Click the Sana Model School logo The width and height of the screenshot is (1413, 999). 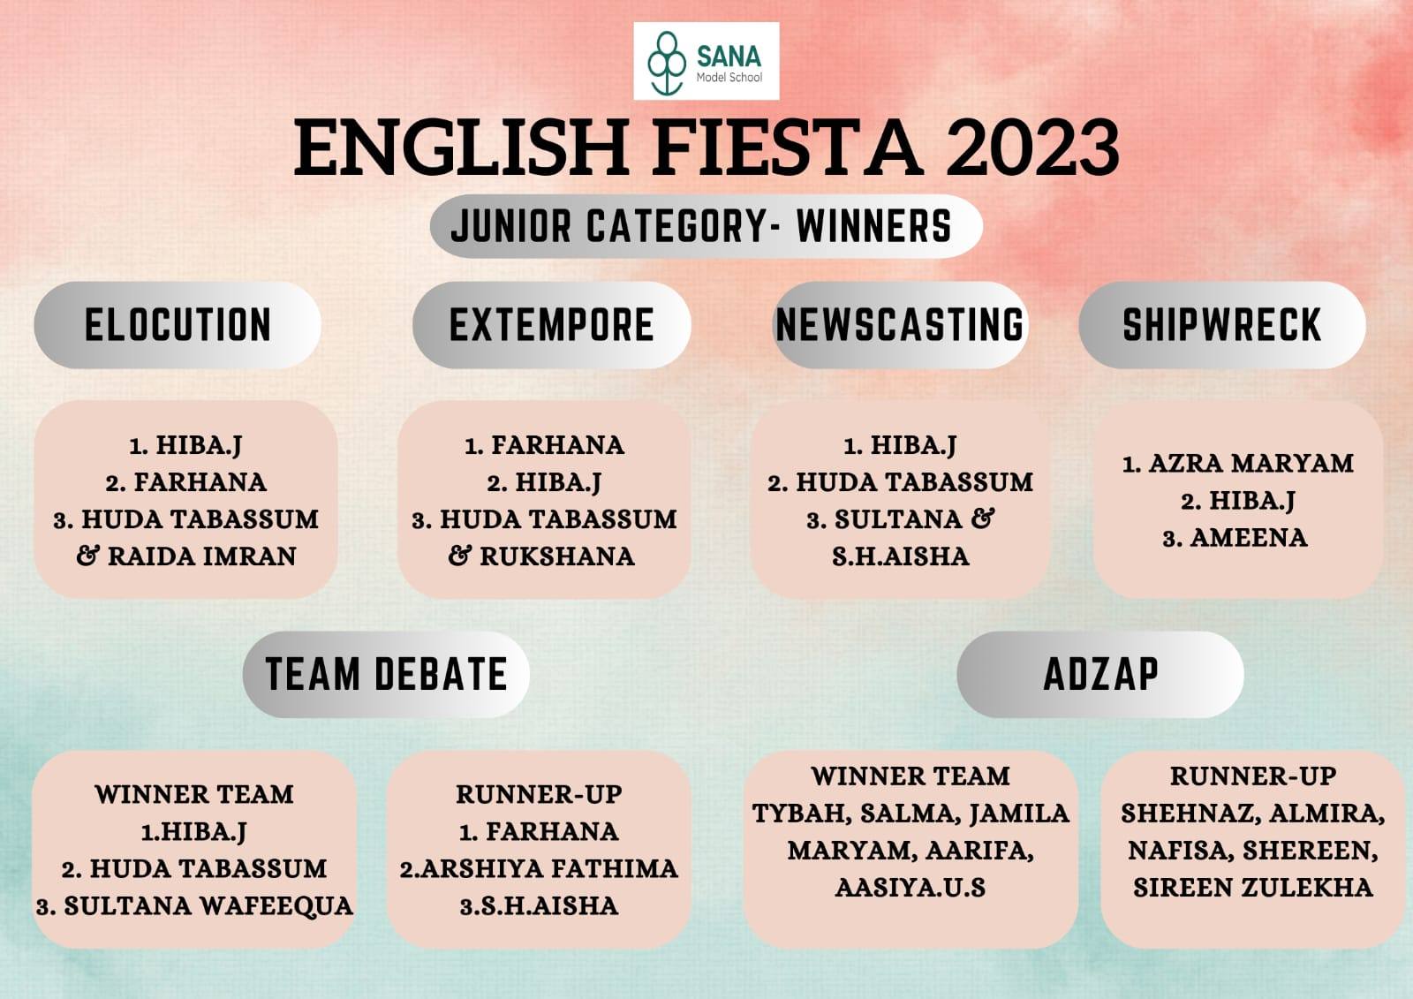tap(706, 61)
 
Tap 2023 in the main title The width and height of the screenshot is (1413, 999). tap(1032, 149)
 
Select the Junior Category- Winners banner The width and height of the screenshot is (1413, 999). tap(706, 226)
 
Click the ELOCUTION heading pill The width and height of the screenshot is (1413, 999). tap(178, 325)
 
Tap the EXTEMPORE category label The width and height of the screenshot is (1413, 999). tap(551, 325)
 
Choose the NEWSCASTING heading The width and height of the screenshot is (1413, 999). tap(900, 325)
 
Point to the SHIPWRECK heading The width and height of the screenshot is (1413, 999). tap(1222, 325)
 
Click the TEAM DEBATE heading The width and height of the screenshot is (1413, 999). tap(386, 674)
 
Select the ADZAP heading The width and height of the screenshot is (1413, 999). tap(1100, 674)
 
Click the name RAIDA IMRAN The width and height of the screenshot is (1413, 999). tap(202, 556)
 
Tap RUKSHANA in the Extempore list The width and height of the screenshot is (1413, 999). tap(557, 556)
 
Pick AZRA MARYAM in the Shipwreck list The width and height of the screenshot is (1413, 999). tap(1251, 463)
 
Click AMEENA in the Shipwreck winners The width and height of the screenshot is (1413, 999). tap(1249, 538)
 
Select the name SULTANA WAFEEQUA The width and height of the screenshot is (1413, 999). tap(208, 906)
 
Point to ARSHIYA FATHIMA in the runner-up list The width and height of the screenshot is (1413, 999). tap(549, 869)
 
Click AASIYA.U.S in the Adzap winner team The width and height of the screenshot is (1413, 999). tap(911, 888)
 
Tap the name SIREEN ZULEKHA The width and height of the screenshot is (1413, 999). tap(1253, 888)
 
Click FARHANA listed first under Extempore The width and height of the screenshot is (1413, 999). tap(557, 445)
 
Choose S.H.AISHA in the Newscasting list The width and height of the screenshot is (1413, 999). tap(901, 556)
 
